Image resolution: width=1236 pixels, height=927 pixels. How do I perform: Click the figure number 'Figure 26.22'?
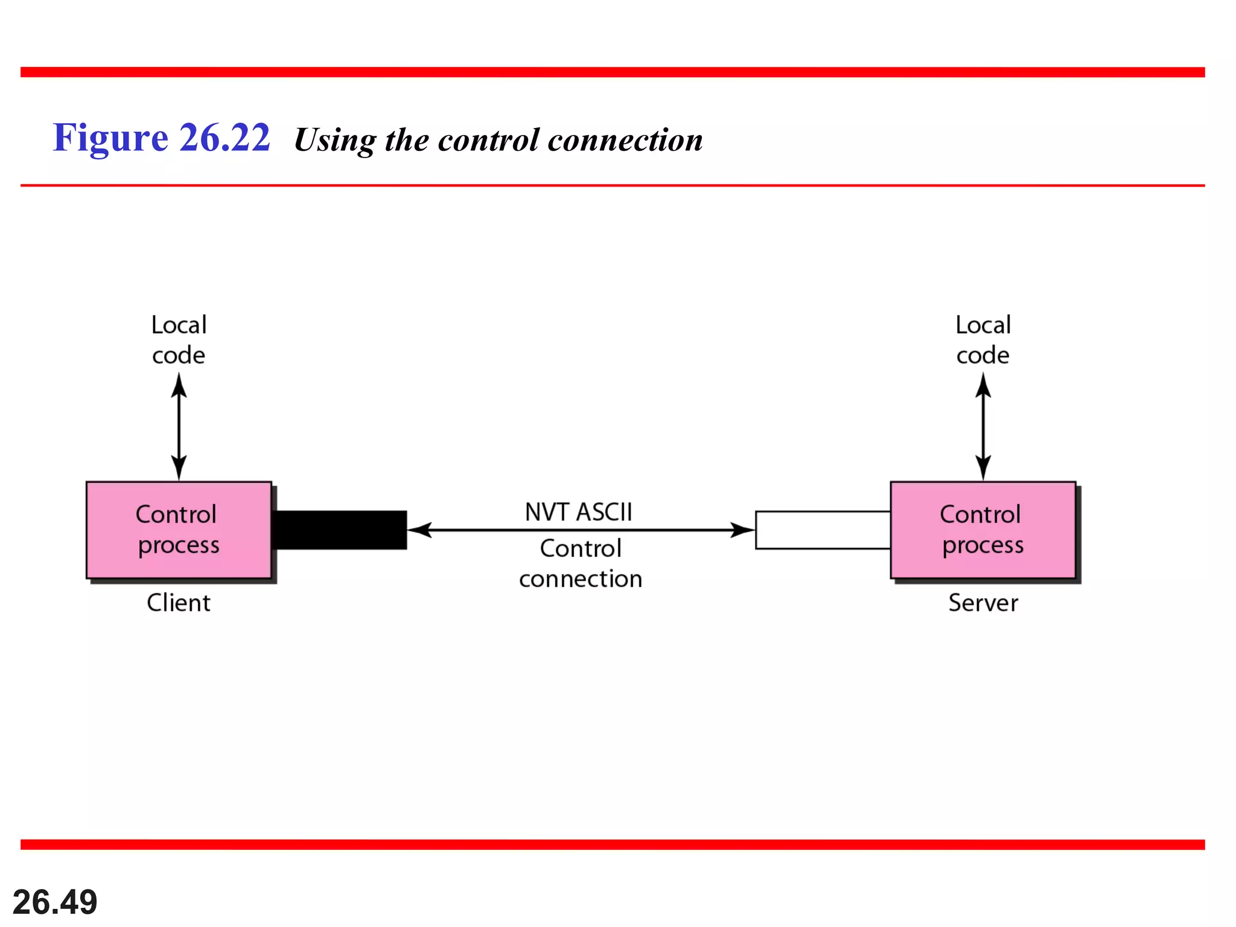click(x=161, y=138)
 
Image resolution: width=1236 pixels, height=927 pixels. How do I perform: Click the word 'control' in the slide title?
click(x=488, y=140)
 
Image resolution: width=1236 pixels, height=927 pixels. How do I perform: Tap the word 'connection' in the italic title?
click(x=625, y=140)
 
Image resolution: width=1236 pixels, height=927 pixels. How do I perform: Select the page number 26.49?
click(x=55, y=902)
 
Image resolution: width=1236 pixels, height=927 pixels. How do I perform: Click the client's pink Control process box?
click(x=179, y=529)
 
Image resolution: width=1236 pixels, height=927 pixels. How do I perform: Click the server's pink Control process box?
click(x=983, y=529)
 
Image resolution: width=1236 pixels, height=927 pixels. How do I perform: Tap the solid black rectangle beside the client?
click(x=339, y=530)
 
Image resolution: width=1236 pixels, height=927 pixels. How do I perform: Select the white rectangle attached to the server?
click(x=823, y=530)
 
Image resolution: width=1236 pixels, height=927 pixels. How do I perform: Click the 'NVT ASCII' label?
click(x=578, y=512)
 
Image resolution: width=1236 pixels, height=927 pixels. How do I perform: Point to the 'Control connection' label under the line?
click(x=580, y=563)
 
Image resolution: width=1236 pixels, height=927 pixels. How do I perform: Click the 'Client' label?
click(x=179, y=602)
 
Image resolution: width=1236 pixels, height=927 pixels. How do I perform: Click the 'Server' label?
click(x=983, y=602)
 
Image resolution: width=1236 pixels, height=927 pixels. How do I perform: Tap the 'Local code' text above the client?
click(x=179, y=340)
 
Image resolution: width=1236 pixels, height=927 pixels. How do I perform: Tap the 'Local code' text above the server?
click(x=983, y=340)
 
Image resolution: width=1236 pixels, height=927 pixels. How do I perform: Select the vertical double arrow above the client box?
click(x=179, y=426)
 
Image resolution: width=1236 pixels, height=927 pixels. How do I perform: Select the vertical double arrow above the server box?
click(x=983, y=426)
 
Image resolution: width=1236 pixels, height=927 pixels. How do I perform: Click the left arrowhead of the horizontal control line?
click(x=420, y=530)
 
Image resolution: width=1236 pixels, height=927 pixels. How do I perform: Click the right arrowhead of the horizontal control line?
click(x=742, y=530)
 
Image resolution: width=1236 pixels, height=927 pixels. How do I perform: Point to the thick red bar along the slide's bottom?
click(x=613, y=844)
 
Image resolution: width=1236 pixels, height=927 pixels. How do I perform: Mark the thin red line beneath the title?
click(x=613, y=185)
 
